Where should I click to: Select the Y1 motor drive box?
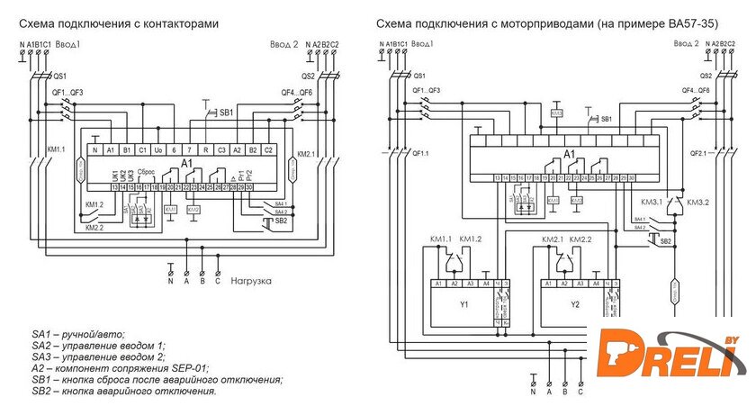[x=463, y=304]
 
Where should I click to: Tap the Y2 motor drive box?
[x=575, y=304]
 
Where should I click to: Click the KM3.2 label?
[x=699, y=203]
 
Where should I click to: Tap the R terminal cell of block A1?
[x=205, y=149]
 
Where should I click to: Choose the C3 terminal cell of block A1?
[x=221, y=149]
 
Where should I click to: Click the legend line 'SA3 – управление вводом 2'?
[x=98, y=356]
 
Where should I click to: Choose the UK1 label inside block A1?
[x=113, y=175]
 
